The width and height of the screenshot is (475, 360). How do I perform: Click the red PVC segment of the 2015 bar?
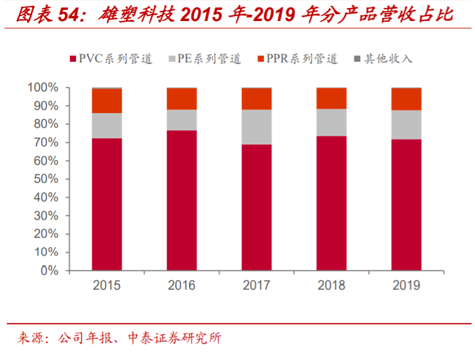point(107,204)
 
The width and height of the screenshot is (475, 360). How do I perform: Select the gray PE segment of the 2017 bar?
point(256,127)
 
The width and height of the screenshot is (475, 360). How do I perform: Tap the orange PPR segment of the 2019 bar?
point(406,99)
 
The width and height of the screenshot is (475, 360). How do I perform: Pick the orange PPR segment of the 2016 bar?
point(182,99)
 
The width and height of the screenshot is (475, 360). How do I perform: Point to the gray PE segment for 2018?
point(332,122)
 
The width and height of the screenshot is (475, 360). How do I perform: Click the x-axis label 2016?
point(182,285)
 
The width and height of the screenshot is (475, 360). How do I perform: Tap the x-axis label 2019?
point(406,285)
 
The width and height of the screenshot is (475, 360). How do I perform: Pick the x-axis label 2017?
point(256,285)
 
